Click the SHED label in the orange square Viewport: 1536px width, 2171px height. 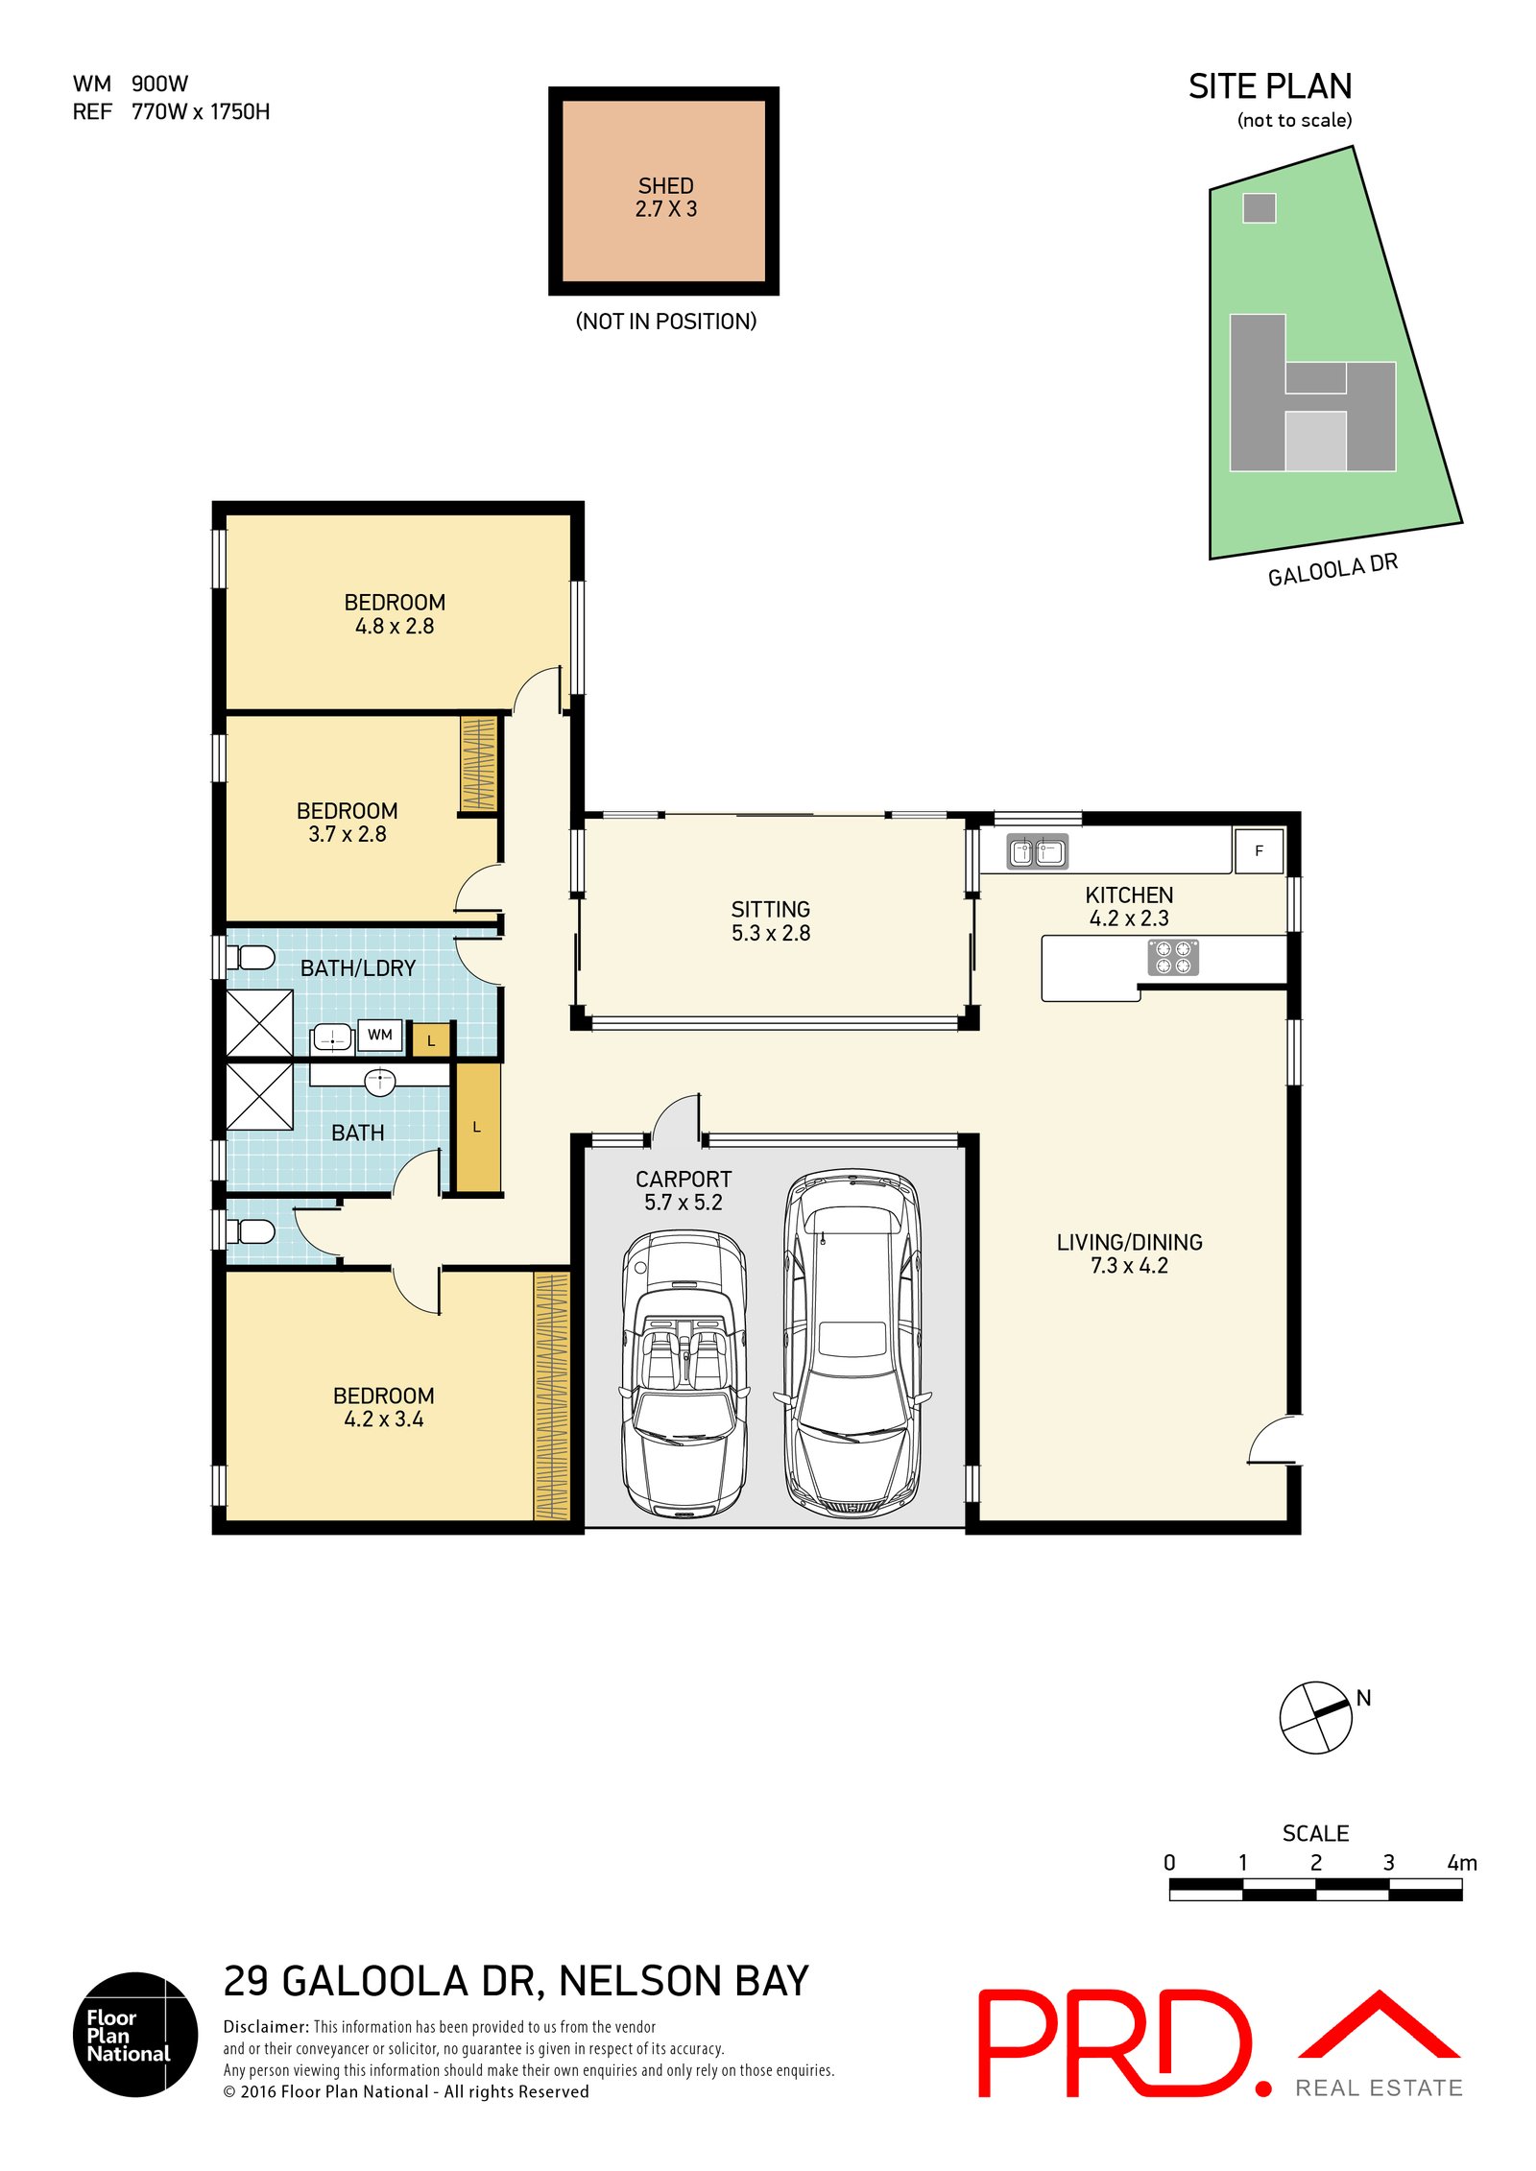click(664, 185)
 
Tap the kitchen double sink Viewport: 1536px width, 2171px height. click(1036, 850)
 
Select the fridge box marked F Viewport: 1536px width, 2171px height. click(1258, 850)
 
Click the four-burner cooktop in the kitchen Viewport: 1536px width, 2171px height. click(1172, 957)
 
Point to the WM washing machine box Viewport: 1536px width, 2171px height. click(379, 1035)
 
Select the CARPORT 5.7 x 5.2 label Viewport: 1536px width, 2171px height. click(683, 1190)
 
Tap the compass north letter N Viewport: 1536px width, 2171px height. click(1362, 1698)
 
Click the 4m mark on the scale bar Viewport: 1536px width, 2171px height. click(1461, 1863)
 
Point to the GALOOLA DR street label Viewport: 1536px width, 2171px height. click(1332, 569)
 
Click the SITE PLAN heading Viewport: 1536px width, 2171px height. click(1269, 86)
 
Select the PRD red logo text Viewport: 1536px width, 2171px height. click(1114, 2043)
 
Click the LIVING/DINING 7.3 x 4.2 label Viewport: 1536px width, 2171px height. click(1128, 1253)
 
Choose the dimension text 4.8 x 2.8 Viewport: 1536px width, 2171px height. click(394, 626)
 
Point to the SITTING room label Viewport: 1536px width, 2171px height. click(770, 909)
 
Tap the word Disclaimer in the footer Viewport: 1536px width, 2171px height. click(266, 2026)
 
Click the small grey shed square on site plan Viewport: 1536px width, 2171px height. click(1259, 208)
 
